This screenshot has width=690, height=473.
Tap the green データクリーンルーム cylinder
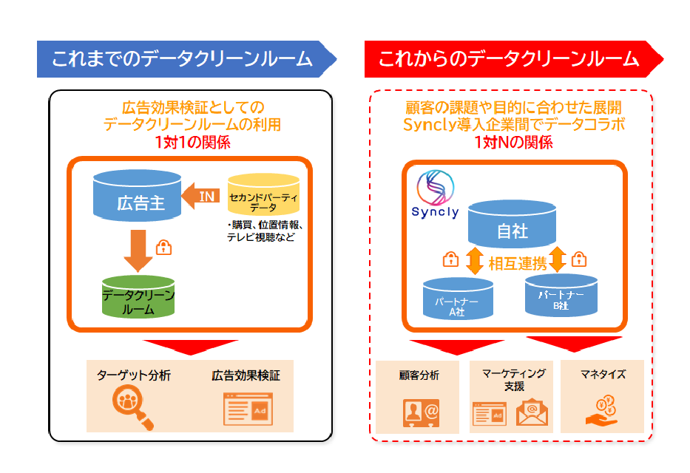pos(139,298)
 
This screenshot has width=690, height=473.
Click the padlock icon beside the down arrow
pos(165,247)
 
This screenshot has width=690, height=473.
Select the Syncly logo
pos(436,194)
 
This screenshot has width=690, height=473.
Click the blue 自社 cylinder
pos(511,225)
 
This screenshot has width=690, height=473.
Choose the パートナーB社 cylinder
pos(560,296)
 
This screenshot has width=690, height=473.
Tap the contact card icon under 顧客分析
pos(419,412)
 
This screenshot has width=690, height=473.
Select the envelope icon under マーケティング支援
pos(532,412)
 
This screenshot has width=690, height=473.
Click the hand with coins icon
pos(603,410)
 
